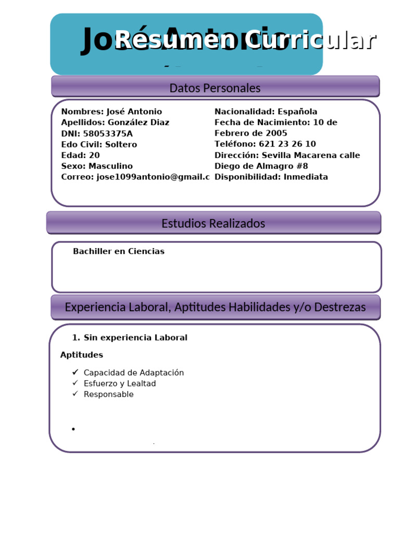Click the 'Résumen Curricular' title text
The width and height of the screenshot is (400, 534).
(x=245, y=40)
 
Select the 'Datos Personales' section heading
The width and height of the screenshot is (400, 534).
(x=215, y=88)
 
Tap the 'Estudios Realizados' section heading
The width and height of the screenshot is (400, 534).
(x=213, y=224)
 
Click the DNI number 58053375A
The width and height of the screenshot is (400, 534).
(x=108, y=133)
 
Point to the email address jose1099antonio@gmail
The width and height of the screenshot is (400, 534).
(x=153, y=177)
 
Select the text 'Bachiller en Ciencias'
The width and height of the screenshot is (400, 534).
(x=119, y=251)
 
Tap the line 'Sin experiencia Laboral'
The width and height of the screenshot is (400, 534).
(x=135, y=337)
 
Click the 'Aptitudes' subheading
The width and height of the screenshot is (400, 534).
(x=82, y=355)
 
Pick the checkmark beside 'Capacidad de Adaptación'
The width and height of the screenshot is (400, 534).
(x=76, y=372)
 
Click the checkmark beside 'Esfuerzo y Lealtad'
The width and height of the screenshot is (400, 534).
(x=76, y=383)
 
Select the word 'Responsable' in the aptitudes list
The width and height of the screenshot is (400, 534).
(x=108, y=394)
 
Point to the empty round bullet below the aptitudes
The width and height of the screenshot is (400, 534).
(x=73, y=429)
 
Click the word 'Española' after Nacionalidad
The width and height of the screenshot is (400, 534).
(x=297, y=112)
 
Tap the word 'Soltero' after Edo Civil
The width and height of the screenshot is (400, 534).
(x=121, y=144)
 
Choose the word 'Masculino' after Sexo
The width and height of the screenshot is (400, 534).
(x=110, y=166)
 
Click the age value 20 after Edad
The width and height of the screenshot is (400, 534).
(x=94, y=155)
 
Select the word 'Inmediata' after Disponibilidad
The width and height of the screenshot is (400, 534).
(x=306, y=177)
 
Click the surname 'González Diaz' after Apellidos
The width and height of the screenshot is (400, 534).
(x=137, y=123)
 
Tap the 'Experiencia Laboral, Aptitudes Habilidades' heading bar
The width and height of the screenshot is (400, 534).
(x=215, y=307)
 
